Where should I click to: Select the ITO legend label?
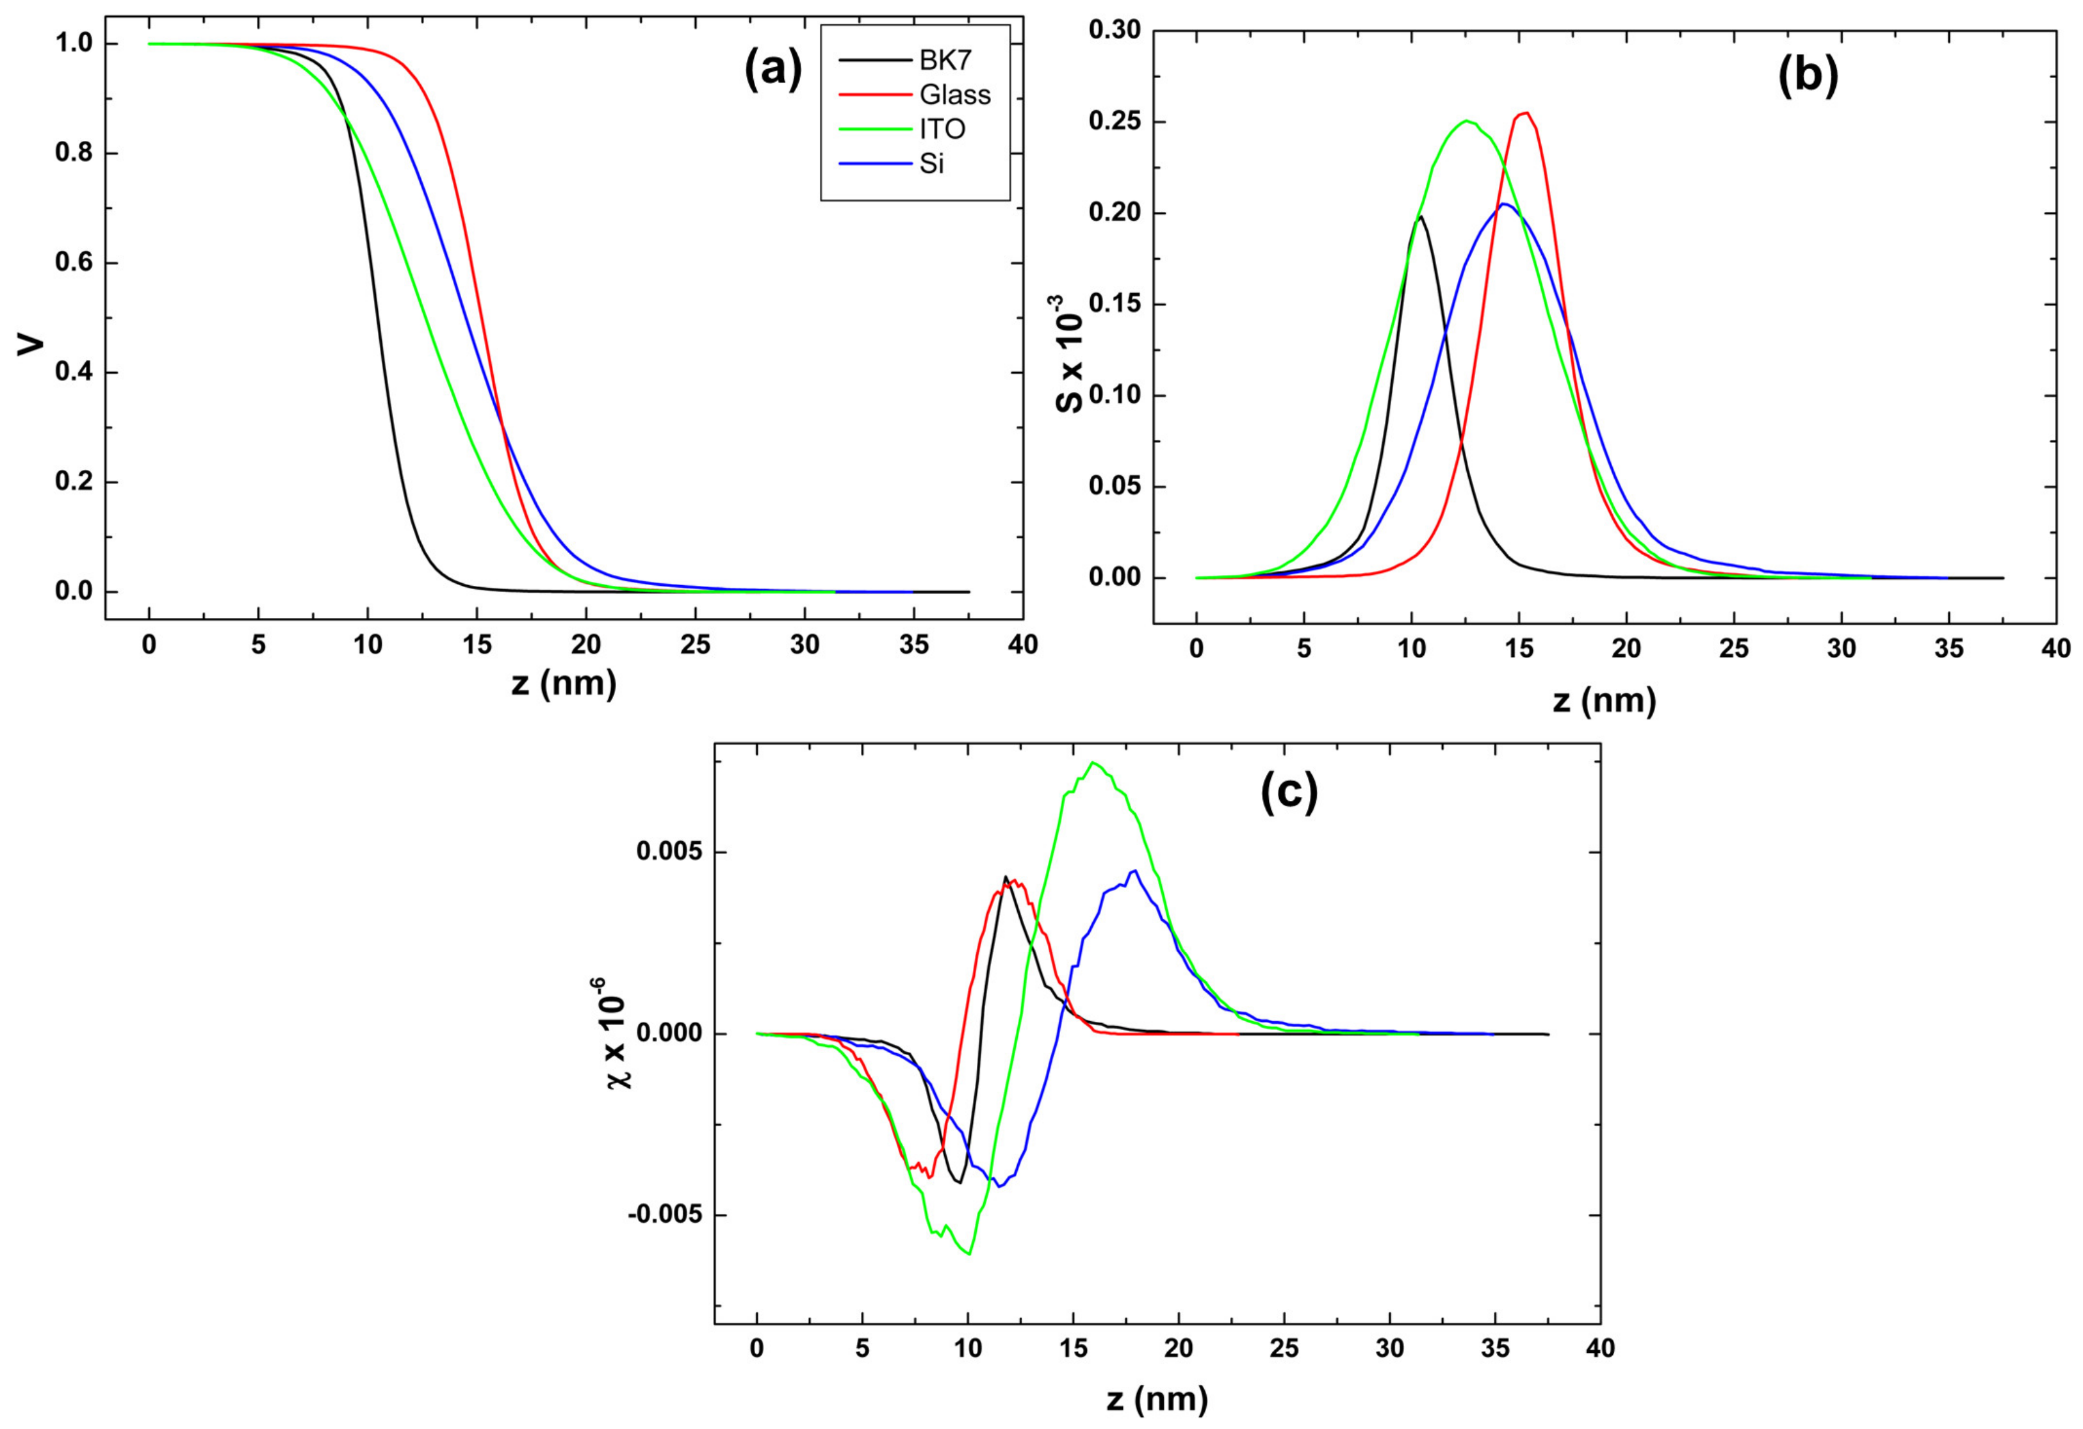click(942, 129)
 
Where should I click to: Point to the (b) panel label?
click(1808, 76)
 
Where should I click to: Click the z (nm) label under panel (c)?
click(1156, 1398)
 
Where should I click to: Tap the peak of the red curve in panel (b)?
click(1526, 113)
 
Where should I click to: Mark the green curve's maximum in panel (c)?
click(1093, 763)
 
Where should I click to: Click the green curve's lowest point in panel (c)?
click(970, 1254)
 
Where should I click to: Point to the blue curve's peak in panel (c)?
click(1134, 870)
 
